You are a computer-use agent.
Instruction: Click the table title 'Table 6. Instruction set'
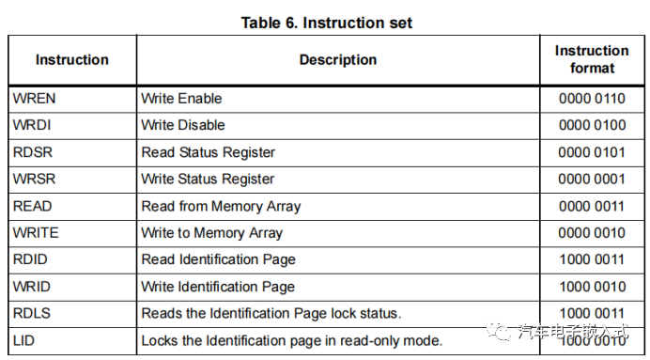[326, 22]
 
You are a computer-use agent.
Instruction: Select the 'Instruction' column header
[72, 59]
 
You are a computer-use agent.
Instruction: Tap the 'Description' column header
[338, 59]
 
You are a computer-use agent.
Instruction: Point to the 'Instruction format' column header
[592, 59]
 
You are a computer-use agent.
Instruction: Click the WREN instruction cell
[35, 98]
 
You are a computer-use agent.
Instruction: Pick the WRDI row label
[32, 125]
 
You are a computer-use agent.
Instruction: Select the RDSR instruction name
[33, 152]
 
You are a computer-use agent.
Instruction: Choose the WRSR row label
[33, 179]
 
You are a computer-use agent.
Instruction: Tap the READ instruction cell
[32, 206]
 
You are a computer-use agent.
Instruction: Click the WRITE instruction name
[35, 232]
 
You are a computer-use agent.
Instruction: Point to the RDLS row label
[32, 313]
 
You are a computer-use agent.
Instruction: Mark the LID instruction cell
[23, 340]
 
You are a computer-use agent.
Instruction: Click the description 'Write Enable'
[181, 98]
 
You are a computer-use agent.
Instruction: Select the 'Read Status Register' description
[208, 152]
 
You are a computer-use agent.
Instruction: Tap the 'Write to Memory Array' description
[211, 232]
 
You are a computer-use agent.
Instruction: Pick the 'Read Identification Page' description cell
[218, 259]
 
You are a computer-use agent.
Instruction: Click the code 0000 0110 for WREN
[592, 98]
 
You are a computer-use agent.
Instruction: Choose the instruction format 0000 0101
[592, 152]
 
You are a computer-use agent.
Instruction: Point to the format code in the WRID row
[592, 287]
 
